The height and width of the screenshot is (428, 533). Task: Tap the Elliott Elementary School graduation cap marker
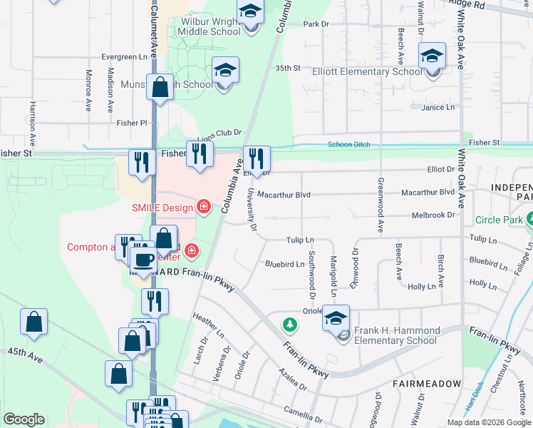[x=432, y=57]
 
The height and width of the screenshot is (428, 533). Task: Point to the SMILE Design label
[x=162, y=208]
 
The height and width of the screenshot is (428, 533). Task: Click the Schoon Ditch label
[x=348, y=145]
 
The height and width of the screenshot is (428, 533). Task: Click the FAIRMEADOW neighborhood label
[x=428, y=384]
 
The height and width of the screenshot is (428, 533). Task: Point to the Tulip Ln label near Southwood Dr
[x=300, y=240]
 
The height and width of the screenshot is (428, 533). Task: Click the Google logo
[x=24, y=419]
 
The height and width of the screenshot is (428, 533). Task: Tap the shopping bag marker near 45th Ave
[x=34, y=323]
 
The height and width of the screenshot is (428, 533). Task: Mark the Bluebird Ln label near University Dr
[x=284, y=264]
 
